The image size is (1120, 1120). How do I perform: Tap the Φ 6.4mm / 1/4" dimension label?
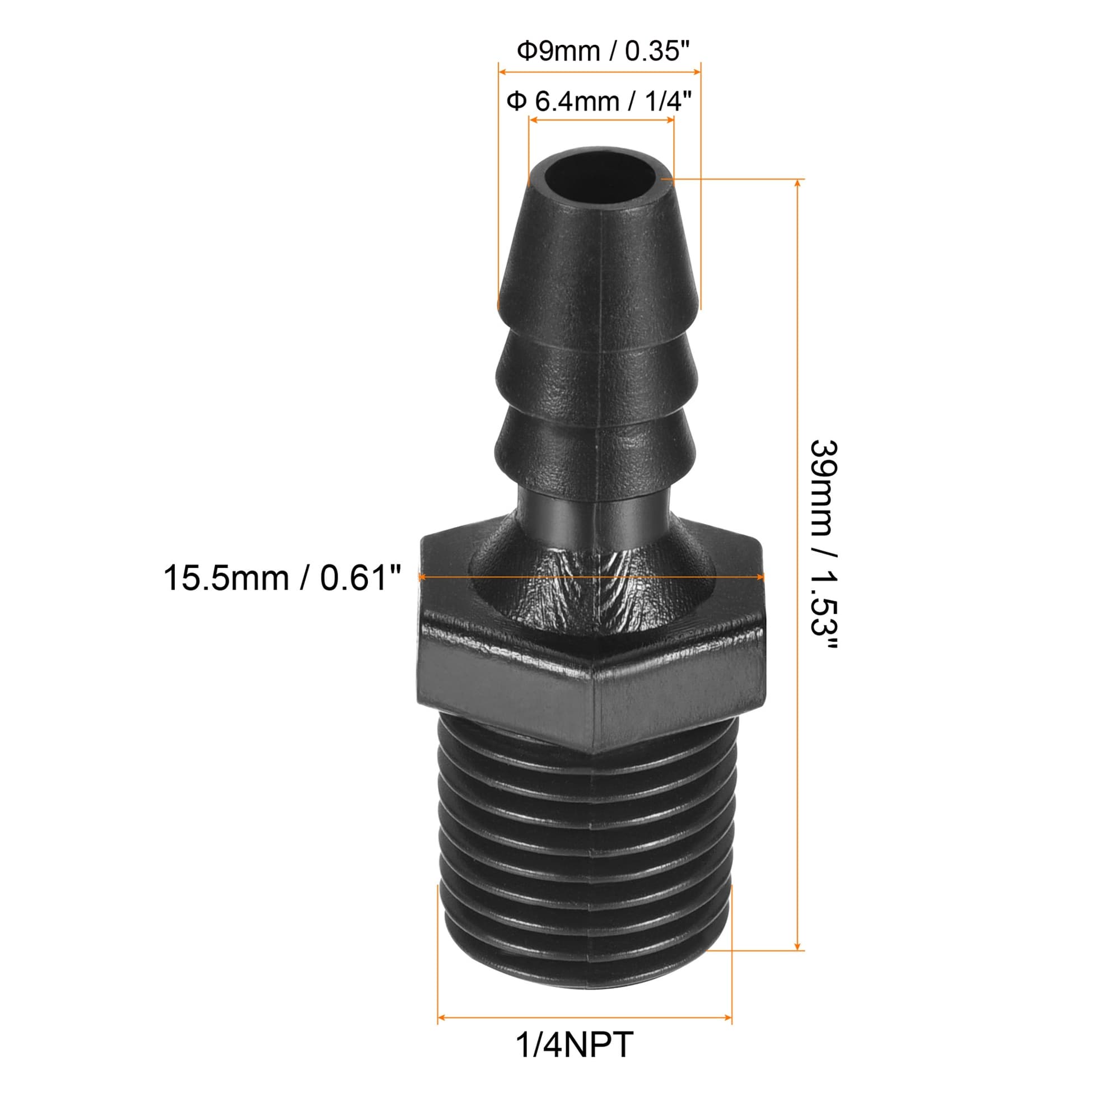click(x=599, y=102)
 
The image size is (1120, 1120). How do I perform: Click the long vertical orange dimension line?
click(x=798, y=564)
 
